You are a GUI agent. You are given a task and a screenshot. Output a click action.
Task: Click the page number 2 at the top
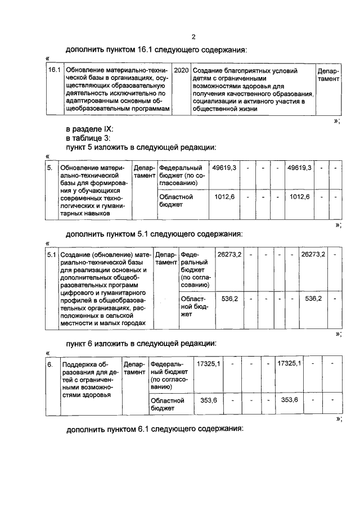tap(193, 37)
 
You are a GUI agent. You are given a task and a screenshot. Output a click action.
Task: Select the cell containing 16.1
tap(53, 71)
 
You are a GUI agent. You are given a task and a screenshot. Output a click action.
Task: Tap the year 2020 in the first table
tap(181, 71)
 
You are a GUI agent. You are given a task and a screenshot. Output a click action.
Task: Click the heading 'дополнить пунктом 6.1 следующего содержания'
tap(155, 429)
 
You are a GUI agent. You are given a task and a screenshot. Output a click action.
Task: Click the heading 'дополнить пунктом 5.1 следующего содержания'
tap(155, 233)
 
